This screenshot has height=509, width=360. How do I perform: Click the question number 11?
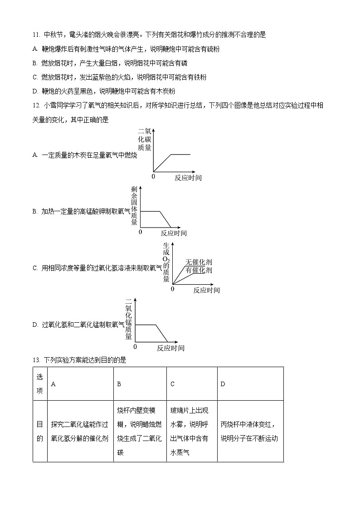pos(36,35)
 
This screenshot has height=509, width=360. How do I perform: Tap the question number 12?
pos(36,106)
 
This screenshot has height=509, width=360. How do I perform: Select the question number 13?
pos(36,360)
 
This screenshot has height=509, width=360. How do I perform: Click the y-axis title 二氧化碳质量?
pos(145,140)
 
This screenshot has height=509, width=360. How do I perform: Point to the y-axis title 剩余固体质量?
pos(134,206)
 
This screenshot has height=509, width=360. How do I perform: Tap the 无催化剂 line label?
pos(198,262)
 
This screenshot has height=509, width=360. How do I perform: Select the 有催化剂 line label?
pos(198,270)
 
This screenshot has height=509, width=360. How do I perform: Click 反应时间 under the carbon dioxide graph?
pos(188,178)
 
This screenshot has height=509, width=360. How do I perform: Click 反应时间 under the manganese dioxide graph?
pos(170,348)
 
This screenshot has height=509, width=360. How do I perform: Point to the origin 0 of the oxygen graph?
pos(172,289)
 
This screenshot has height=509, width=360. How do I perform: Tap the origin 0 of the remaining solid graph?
pos(140,232)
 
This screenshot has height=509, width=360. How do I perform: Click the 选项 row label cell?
pos(40,384)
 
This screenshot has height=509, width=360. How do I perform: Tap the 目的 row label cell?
pos(40,431)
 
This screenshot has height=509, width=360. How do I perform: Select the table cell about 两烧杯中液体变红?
pos(250,431)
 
